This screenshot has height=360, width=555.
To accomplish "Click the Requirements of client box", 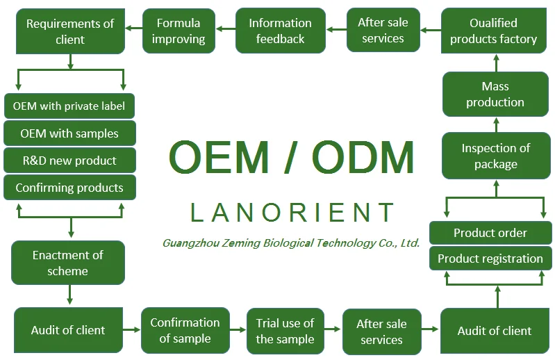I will pos(69,31).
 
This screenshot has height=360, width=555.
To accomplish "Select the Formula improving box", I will pos(178,31).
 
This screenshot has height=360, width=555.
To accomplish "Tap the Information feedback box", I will pos(280,31).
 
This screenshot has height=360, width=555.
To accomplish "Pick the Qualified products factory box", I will pos(493,31).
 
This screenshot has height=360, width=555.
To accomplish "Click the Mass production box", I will pos(495,94).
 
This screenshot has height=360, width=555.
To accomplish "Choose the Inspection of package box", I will pos(495,156).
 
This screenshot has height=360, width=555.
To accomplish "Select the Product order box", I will pos(490,233).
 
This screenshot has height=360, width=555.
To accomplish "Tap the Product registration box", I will pos(490,259).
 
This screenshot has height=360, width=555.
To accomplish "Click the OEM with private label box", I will pos(69,106).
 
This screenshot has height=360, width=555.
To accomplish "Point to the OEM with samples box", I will pos(69,133).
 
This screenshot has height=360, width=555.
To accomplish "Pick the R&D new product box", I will pos(69,161).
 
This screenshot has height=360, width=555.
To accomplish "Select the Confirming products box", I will pos(69,188).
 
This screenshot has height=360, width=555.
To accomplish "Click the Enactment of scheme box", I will pos(68,262).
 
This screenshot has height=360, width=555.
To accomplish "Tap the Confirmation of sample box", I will pos(185,331).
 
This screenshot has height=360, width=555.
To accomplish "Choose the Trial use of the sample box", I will pos(285,331).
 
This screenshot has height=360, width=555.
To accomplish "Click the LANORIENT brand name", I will pos(292,212).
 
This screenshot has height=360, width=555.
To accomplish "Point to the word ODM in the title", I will pos(363,158).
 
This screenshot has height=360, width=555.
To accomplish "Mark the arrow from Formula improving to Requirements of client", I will pos(133,29).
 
